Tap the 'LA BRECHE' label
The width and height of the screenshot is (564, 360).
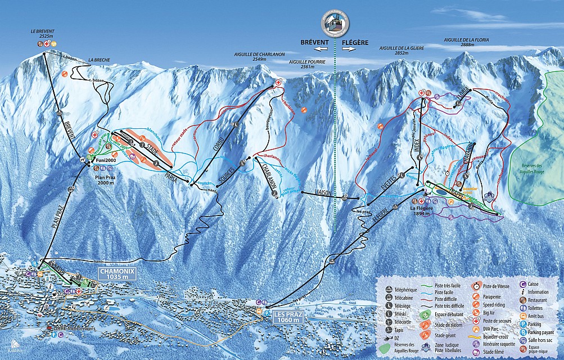[x=98, y=60]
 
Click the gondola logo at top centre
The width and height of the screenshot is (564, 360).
[x=335, y=24]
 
